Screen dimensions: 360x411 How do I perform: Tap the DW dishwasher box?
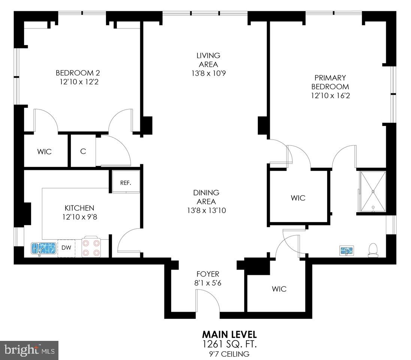coord(66,248)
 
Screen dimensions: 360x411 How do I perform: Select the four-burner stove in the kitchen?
coord(91,247)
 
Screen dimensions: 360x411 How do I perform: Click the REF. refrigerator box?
coord(125,183)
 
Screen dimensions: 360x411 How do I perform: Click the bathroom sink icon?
coord(347,250)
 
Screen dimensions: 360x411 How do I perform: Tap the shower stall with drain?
coord(373,191)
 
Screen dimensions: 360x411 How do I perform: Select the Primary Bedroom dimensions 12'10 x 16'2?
coord(330,96)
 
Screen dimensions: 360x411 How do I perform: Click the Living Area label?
coord(208,60)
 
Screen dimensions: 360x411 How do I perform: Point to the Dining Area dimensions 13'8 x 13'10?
coord(212,211)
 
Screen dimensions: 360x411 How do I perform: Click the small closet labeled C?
coord(83,151)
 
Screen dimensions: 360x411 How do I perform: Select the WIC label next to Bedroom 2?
coord(44,152)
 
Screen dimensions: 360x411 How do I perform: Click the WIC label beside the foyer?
coord(279,289)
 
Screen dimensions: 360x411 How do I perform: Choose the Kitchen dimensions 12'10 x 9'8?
coord(79,217)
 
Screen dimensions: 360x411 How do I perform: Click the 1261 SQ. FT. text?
coord(229,343)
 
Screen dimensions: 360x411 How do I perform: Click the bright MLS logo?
coord(29,351)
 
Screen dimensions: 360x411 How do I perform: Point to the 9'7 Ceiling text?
coord(229,353)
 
